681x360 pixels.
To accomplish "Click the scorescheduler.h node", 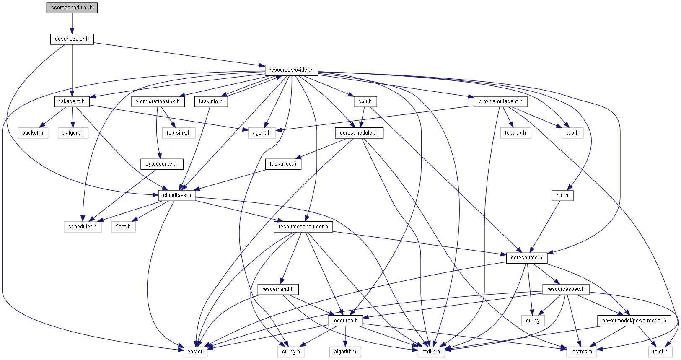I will tap(72, 8).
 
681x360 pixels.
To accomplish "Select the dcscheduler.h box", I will tap(72, 39).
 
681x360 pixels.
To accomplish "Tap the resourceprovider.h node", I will tap(291, 70).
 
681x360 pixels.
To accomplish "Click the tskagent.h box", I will tap(72, 101).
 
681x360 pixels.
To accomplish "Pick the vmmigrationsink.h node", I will tap(158, 101).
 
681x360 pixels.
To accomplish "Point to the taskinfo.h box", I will tap(211, 101).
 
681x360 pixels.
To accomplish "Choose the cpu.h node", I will tap(365, 101).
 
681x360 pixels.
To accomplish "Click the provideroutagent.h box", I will tap(500, 101).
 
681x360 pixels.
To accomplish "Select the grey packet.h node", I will tap(33, 133).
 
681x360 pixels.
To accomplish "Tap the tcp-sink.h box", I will tap(179, 133).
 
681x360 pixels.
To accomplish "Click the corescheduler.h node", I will tap(359, 133).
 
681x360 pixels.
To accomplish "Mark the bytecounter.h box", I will tap(162, 164).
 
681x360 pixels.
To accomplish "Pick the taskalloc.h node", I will tap(283, 164).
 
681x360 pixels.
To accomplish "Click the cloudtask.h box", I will tap(177, 195).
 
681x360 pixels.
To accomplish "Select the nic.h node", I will tap(562, 195).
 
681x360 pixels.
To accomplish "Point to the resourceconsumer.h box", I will tap(303, 227).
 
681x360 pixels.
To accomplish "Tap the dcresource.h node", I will tap(526, 258).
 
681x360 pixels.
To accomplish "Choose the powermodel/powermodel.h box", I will tap(634, 321).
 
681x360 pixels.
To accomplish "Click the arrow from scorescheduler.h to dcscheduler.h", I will tap(72, 23).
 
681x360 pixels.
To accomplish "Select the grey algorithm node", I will tap(345, 352).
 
